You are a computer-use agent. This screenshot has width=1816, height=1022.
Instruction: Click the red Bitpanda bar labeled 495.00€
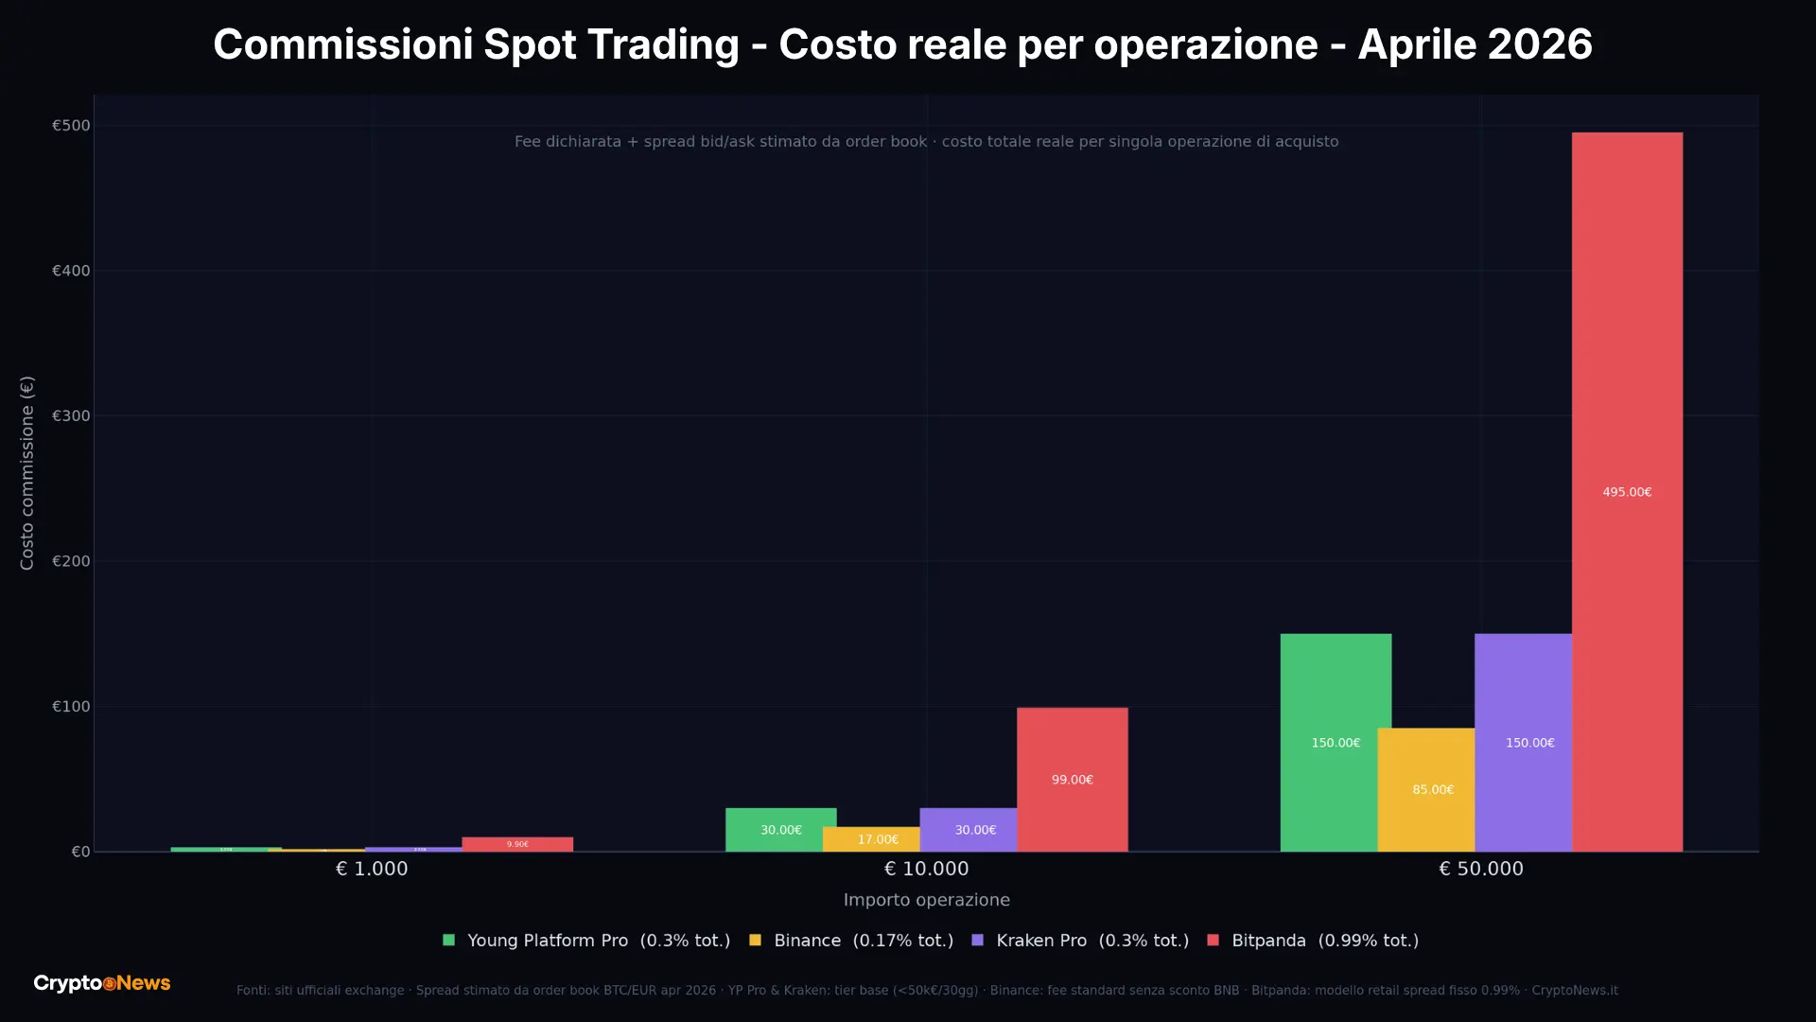1627,492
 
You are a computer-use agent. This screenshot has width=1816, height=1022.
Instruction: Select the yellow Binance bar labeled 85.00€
1425,790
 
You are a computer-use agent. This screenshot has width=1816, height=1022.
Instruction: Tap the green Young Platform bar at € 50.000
1336,743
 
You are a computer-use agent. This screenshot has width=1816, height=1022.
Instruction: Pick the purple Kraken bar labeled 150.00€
1523,743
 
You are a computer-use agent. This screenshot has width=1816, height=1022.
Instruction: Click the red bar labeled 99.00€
1072,780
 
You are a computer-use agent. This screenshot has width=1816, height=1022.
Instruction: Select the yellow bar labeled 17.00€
871,839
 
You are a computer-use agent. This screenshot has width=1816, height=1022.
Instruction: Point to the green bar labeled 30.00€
780,830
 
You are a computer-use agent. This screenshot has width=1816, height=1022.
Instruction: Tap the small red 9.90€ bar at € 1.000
517,844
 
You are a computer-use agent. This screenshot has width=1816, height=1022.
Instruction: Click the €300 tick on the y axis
71,416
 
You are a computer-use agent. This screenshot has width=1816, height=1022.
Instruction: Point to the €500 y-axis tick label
71,126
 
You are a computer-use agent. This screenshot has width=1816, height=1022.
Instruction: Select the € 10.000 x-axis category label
926,869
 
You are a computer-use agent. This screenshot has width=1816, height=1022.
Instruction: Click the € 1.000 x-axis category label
372,869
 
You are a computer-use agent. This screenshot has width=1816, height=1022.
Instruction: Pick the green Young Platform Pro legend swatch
448,941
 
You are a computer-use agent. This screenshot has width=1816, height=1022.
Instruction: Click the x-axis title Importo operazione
926,900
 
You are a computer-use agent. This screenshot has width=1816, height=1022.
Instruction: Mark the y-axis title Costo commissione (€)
27,473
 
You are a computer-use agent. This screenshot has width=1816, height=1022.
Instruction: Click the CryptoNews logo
102,983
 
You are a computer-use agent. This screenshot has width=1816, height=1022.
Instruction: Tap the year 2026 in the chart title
1540,44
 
